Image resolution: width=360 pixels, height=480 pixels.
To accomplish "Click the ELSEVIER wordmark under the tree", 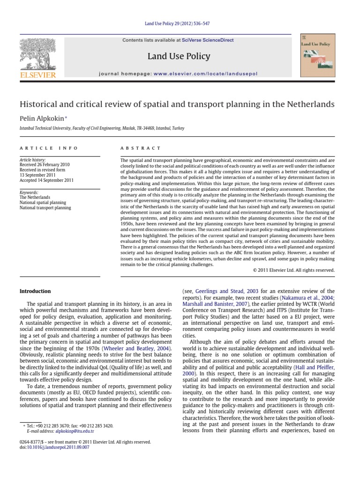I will click(38, 75).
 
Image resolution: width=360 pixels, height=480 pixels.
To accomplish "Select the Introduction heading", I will click(35, 291).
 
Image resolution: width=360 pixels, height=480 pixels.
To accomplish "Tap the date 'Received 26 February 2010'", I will click(45, 165).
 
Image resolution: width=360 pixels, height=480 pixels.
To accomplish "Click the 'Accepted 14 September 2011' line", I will click(46, 180).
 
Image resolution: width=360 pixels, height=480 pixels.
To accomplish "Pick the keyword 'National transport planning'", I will click(45, 207).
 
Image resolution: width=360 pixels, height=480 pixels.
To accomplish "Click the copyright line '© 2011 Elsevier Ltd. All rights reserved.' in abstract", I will click(293, 270).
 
